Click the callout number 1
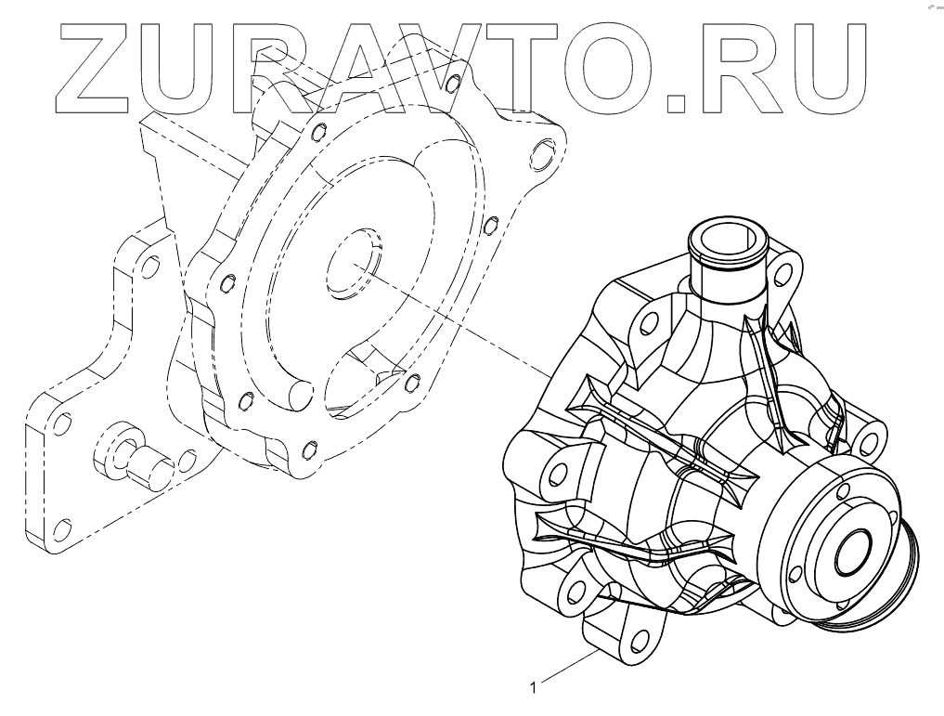point(532,687)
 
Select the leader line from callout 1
point(568,667)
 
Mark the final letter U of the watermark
point(827,70)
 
